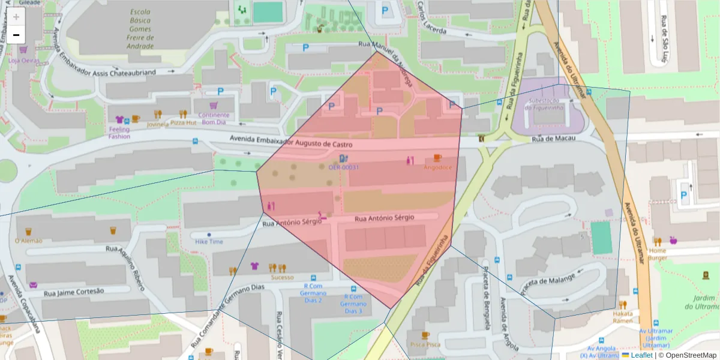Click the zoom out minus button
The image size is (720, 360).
pos(16,35)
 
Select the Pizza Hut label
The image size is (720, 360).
pos(183,122)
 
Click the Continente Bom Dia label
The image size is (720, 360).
pos(214,118)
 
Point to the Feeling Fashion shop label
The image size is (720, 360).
pos(119,133)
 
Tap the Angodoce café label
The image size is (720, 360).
pos(437,167)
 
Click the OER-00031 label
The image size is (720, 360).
pos(343,167)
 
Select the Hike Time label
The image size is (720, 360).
pos(209,241)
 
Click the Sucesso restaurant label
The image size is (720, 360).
pos(282,277)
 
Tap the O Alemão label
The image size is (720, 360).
pos(28,241)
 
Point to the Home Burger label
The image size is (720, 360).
pos(657,254)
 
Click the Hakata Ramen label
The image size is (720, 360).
pos(622,317)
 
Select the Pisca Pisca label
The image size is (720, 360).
pos(425,344)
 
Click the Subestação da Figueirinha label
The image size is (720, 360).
pos(545,104)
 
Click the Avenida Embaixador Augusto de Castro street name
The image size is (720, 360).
pos(290,142)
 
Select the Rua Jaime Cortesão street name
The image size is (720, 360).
pos(74,292)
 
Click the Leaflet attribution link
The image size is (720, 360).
pos(641,355)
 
